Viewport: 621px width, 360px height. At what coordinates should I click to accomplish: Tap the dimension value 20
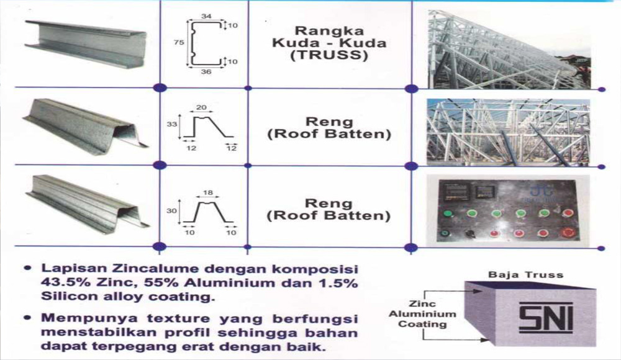coord(201,107)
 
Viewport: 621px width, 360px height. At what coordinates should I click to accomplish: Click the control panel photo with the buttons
coord(507,211)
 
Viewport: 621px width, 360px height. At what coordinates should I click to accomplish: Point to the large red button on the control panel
coord(566,233)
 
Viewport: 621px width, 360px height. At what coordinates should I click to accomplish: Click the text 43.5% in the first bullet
coord(60,284)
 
